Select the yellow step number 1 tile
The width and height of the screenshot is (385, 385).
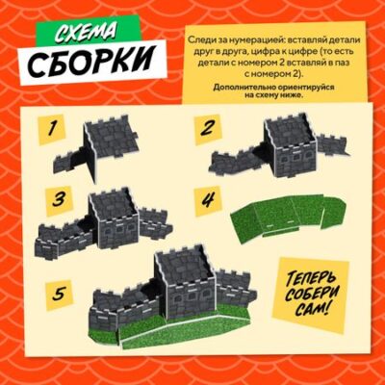click(x=51, y=130)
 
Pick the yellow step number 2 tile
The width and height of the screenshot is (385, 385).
click(x=207, y=130)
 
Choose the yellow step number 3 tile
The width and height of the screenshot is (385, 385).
click(x=59, y=200)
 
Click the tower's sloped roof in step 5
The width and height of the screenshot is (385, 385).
click(x=186, y=266)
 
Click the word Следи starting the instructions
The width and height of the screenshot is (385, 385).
click(x=199, y=40)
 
